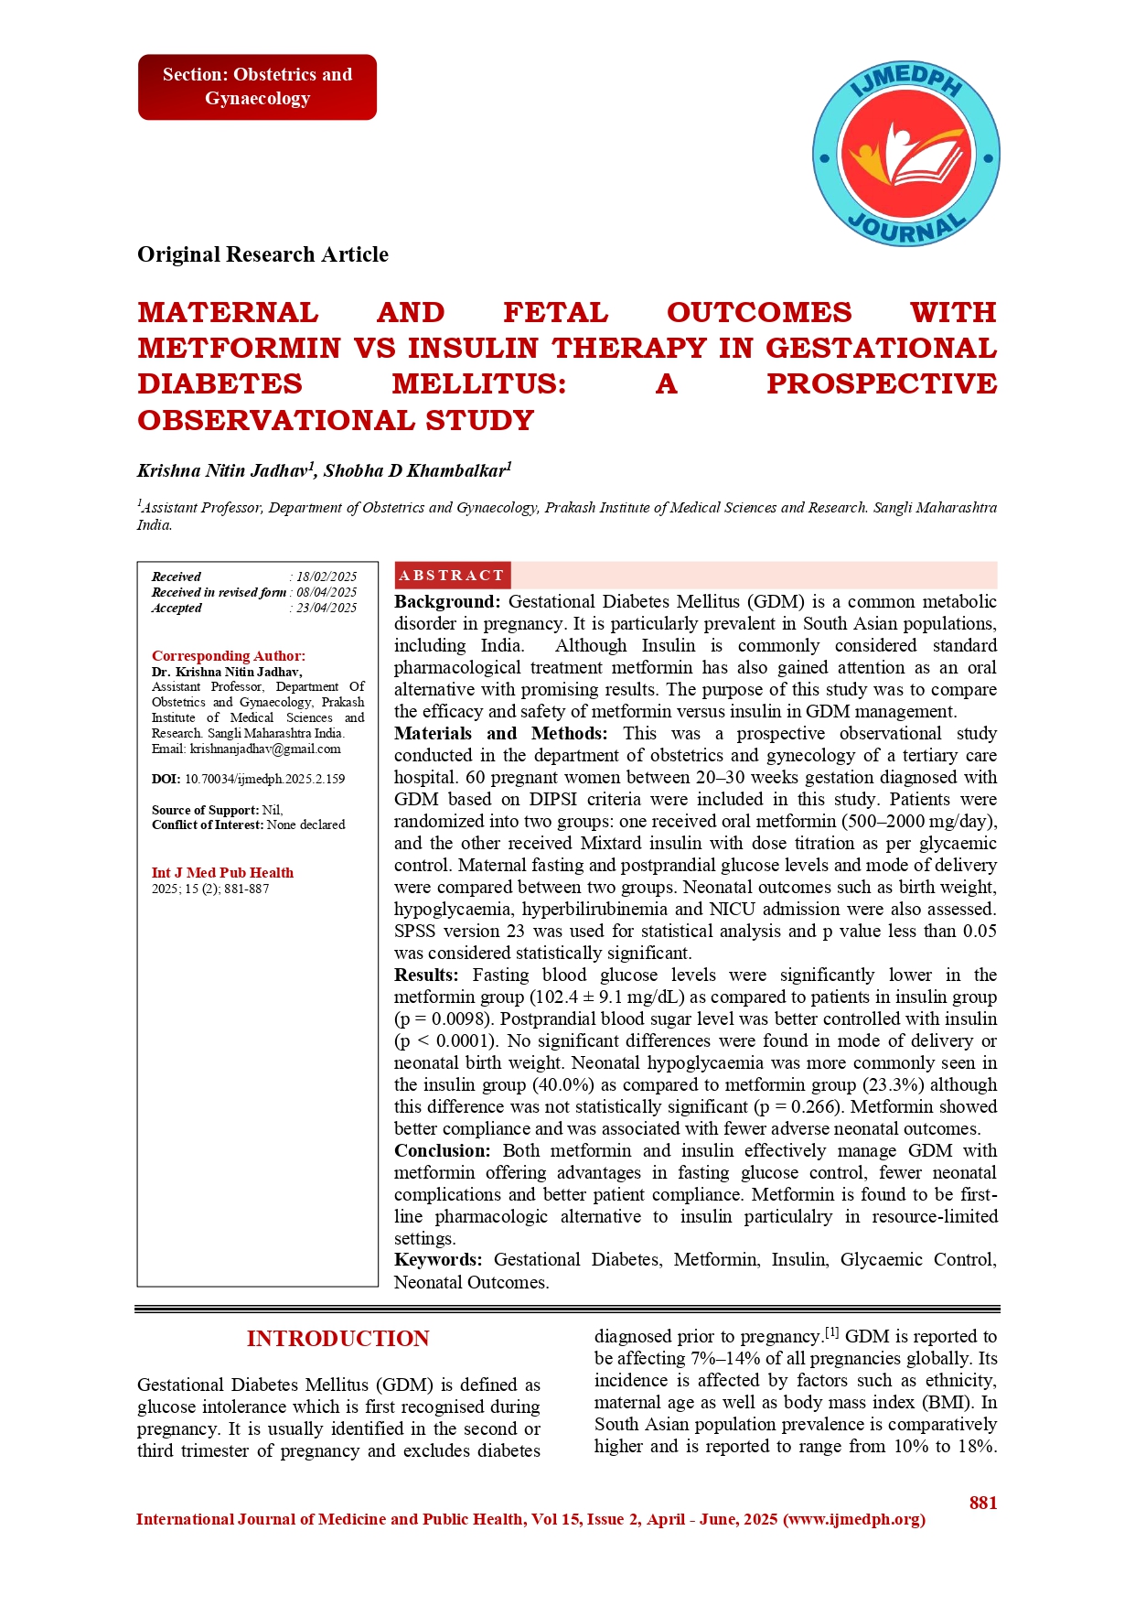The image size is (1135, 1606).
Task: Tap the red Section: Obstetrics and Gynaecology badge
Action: click(257, 87)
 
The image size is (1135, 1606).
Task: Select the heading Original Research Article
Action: click(262, 254)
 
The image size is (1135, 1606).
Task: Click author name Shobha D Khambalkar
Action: click(414, 471)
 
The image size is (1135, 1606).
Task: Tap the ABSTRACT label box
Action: click(452, 576)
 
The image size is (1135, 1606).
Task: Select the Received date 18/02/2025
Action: click(327, 577)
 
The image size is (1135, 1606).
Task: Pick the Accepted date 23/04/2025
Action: click(327, 608)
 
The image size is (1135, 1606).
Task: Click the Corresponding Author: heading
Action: click(229, 655)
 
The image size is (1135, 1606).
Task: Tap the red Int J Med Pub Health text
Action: click(222, 873)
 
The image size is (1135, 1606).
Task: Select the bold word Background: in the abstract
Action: click(447, 602)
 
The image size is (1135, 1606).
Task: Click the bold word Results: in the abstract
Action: click(426, 975)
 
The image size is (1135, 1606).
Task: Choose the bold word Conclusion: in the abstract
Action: click(443, 1151)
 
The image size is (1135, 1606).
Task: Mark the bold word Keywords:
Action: click(438, 1260)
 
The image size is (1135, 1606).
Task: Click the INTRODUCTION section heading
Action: click(337, 1339)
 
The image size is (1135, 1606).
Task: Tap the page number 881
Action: click(983, 1503)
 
